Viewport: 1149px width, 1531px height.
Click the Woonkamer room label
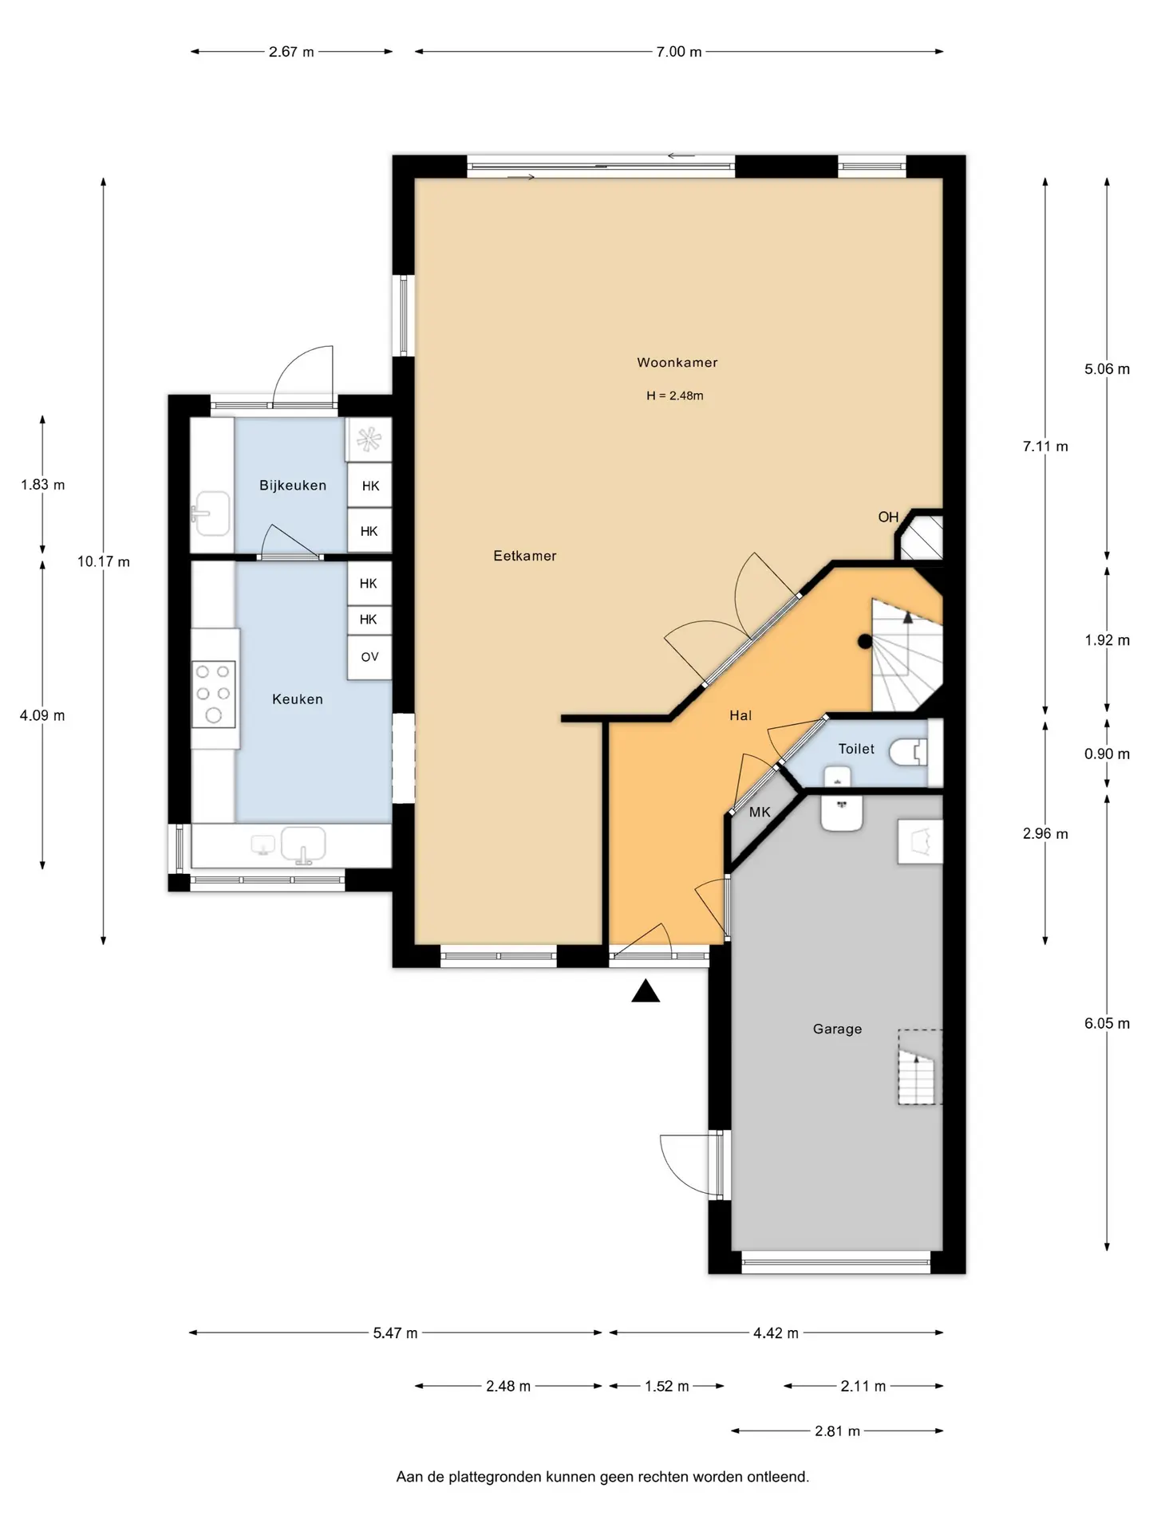(x=677, y=363)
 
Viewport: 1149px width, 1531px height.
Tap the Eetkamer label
(x=524, y=557)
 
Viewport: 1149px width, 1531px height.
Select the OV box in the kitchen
(x=369, y=658)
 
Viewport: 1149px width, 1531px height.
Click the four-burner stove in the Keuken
(x=214, y=694)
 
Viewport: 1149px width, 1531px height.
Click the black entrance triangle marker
(x=646, y=991)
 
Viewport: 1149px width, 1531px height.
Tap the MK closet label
(x=760, y=813)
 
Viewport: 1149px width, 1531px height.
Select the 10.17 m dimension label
(x=104, y=562)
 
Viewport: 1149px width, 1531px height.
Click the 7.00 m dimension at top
(x=679, y=52)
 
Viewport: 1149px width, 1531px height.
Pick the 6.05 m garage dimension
(x=1107, y=1024)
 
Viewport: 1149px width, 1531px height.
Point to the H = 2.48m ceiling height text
(x=675, y=396)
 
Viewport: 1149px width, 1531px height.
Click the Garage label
(x=837, y=1029)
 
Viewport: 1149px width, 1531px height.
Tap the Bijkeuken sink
(x=211, y=514)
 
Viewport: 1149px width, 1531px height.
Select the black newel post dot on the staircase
(x=865, y=641)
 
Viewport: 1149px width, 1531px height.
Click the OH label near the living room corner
(x=888, y=518)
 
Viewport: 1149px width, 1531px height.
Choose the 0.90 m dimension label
(x=1107, y=754)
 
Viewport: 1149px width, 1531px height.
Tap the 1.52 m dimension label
(x=667, y=1387)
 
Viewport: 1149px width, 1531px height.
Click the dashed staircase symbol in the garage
(x=920, y=1068)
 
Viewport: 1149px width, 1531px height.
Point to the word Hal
(x=740, y=716)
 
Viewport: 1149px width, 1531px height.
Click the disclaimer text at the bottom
(x=602, y=1478)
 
